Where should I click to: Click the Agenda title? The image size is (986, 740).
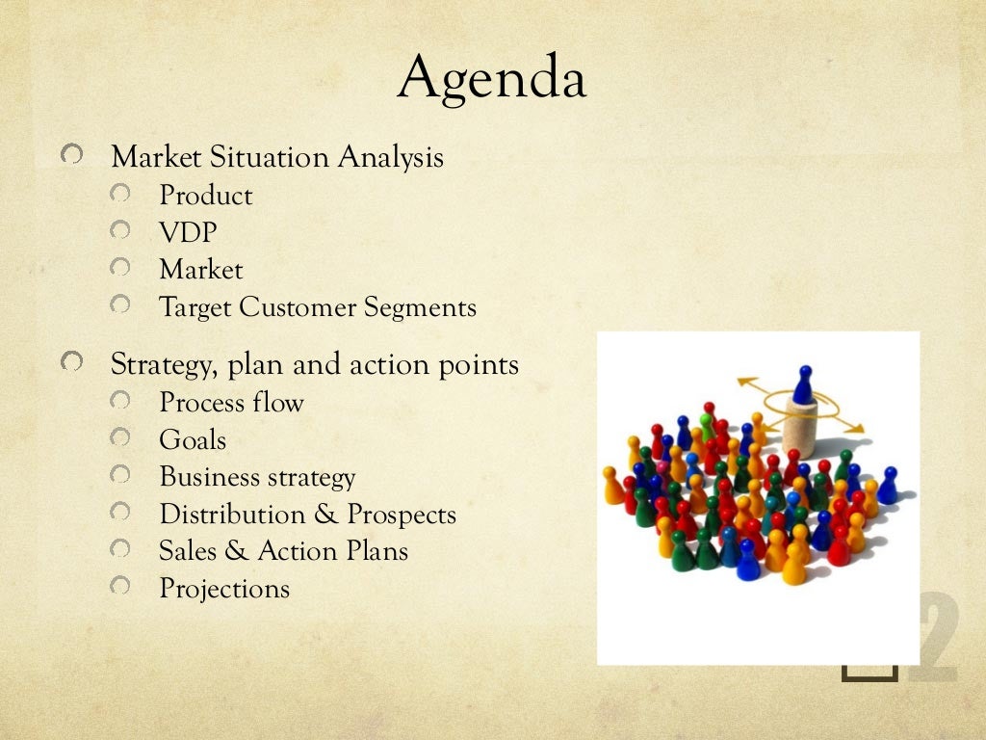(x=492, y=78)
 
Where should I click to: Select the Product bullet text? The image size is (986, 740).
(x=205, y=196)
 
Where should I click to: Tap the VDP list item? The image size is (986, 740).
(x=188, y=233)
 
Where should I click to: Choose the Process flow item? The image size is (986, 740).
(x=231, y=403)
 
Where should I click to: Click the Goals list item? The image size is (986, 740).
(x=193, y=440)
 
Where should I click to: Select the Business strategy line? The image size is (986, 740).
(x=257, y=477)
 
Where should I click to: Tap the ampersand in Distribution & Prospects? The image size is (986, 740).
(x=325, y=515)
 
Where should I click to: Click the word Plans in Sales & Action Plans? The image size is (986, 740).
(x=376, y=551)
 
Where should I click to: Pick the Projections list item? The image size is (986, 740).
(x=223, y=588)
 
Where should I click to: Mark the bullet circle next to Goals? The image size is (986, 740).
(x=119, y=438)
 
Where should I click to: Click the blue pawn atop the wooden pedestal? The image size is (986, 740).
(x=803, y=383)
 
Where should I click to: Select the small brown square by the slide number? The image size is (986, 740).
(x=869, y=671)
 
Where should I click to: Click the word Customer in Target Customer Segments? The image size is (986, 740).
(x=298, y=308)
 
